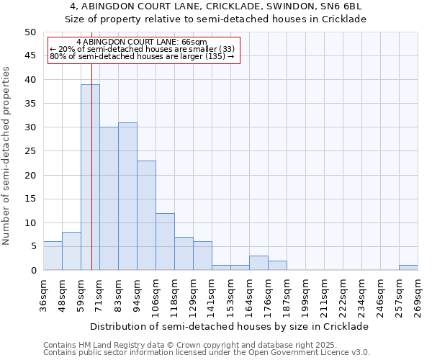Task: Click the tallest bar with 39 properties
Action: tap(90, 177)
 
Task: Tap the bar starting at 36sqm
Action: tap(53, 256)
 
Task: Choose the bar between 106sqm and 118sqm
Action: tap(165, 242)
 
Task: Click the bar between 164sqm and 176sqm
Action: tap(258, 263)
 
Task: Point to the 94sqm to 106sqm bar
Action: tap(146, 215)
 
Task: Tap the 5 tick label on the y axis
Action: tap(32, 246)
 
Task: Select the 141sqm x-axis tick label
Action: tap(212, 295)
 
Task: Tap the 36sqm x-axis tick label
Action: tap(43, 295)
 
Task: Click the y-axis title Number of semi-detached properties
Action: tap(7, 156)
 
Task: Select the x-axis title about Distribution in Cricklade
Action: tap(230, 326)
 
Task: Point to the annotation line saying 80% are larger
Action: tap(143, 56)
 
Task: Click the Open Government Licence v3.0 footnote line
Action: tap(207, 353)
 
